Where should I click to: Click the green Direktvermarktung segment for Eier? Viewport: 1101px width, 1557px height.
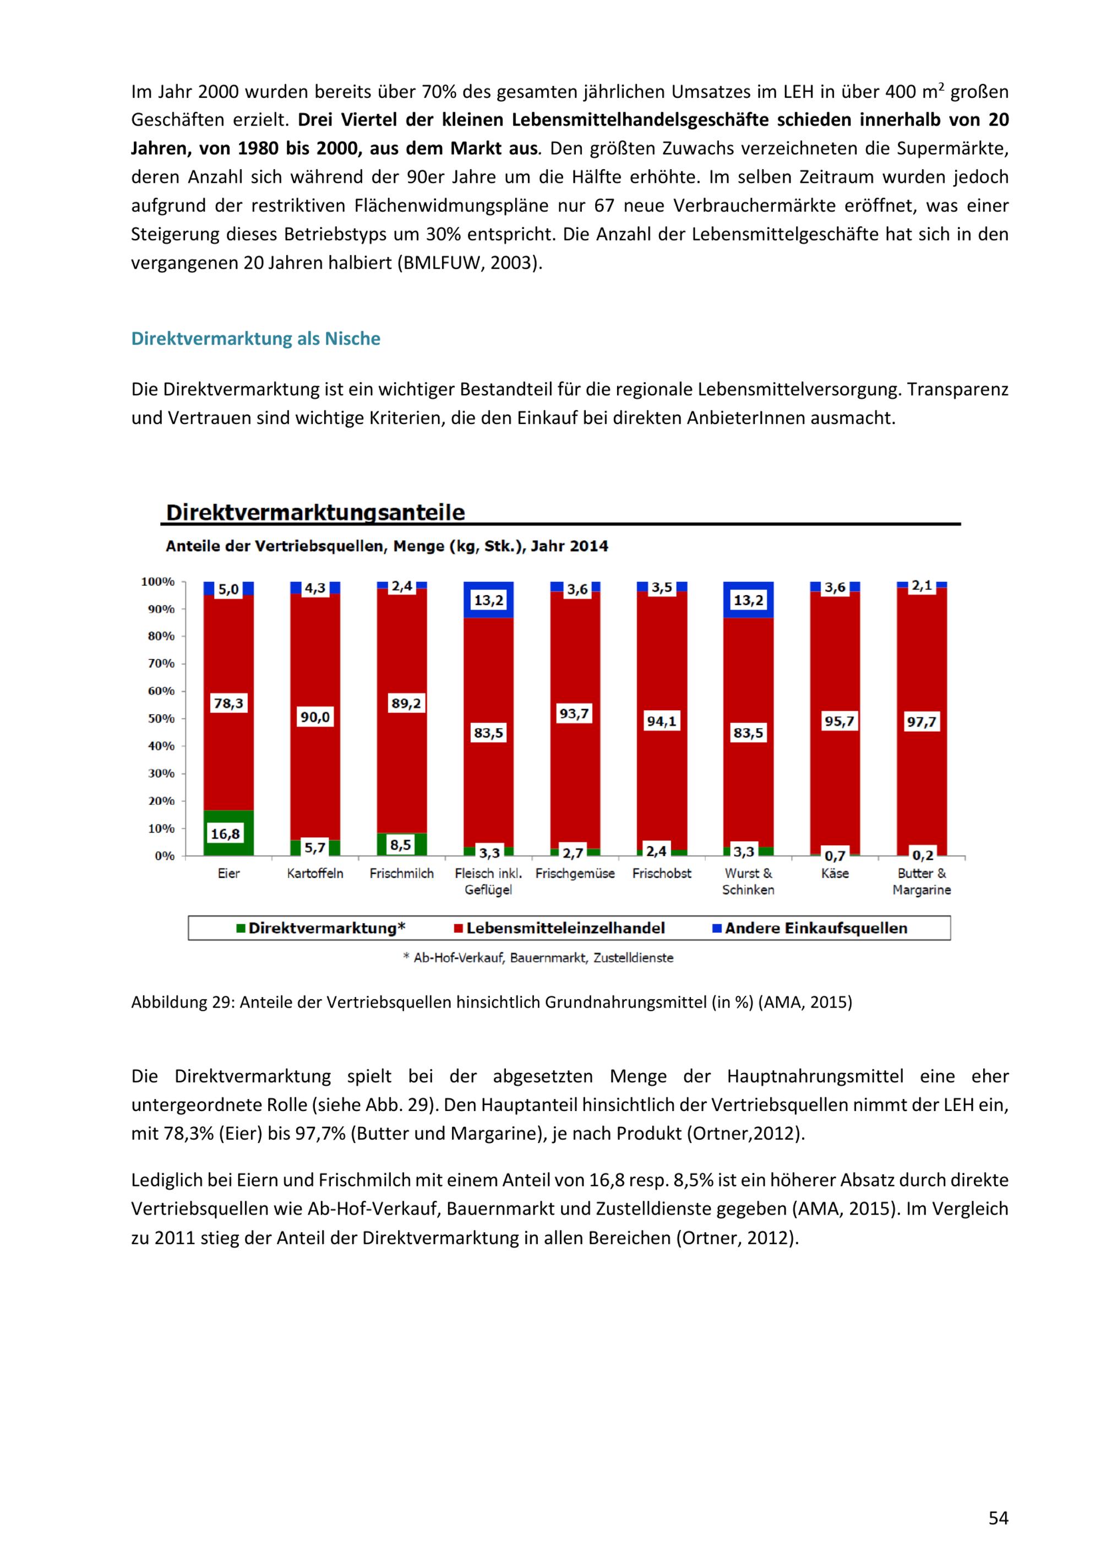click(x=228, y=833)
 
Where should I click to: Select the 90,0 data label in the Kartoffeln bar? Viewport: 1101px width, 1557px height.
click(x=315, y=717)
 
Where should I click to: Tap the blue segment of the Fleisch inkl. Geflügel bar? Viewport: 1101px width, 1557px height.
click(x=488, y=600)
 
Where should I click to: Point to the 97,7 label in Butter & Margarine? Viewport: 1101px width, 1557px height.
click(x=922, y=722)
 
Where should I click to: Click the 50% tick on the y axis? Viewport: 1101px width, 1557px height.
click(x=161, y=718)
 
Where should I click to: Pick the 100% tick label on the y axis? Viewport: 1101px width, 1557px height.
click(x=158, y=582)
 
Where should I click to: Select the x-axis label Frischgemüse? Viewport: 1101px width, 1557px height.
click(x=575, y=873)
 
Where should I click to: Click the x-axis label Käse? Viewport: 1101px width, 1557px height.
click(x=835, y=873)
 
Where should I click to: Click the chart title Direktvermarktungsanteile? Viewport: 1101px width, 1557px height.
click(x=315, y=513)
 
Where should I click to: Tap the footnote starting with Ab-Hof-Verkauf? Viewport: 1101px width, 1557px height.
click(x=538, y=957)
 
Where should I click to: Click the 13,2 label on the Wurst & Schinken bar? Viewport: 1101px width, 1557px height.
click(x=749, y=600)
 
